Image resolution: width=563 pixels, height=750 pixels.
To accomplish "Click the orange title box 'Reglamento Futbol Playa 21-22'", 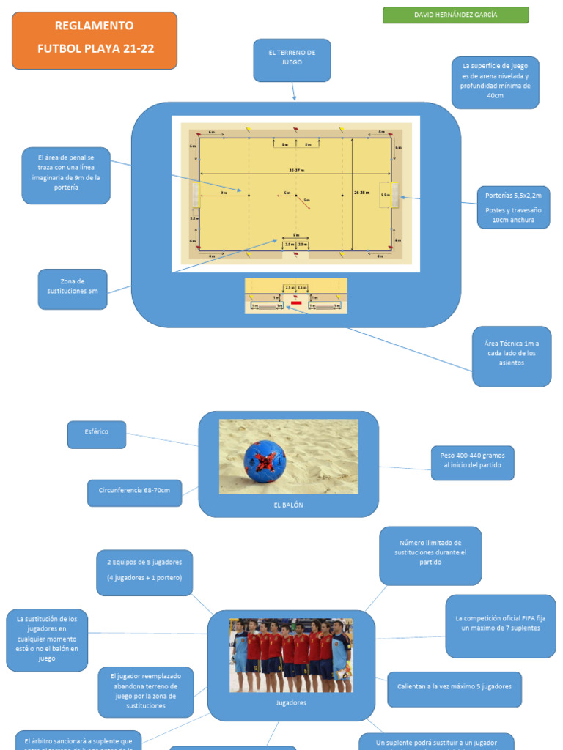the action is point(95,40).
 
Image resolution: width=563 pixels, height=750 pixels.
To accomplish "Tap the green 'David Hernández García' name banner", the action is point(455,15).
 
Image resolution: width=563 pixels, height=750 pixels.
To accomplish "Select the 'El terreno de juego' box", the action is point(292,60).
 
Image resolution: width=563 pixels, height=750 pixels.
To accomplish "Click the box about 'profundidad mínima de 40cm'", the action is point(495,83).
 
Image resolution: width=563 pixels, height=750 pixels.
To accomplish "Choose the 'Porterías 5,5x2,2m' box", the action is point(513,207).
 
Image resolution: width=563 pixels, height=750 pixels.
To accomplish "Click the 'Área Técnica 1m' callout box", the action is point(511,356).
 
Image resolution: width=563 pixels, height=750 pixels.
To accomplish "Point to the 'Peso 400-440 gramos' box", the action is point(472,463).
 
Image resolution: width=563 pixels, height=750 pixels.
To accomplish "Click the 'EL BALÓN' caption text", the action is point(288,505).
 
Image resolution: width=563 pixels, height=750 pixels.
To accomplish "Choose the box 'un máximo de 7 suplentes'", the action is point(500,625).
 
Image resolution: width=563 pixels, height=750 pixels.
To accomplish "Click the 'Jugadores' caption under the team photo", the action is point(291,702).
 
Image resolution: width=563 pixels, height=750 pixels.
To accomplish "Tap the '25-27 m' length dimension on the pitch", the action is point(296,171).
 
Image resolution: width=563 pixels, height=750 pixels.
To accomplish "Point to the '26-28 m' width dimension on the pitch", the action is point(360,193).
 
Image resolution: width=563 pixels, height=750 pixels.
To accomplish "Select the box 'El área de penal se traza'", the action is point(66,175).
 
